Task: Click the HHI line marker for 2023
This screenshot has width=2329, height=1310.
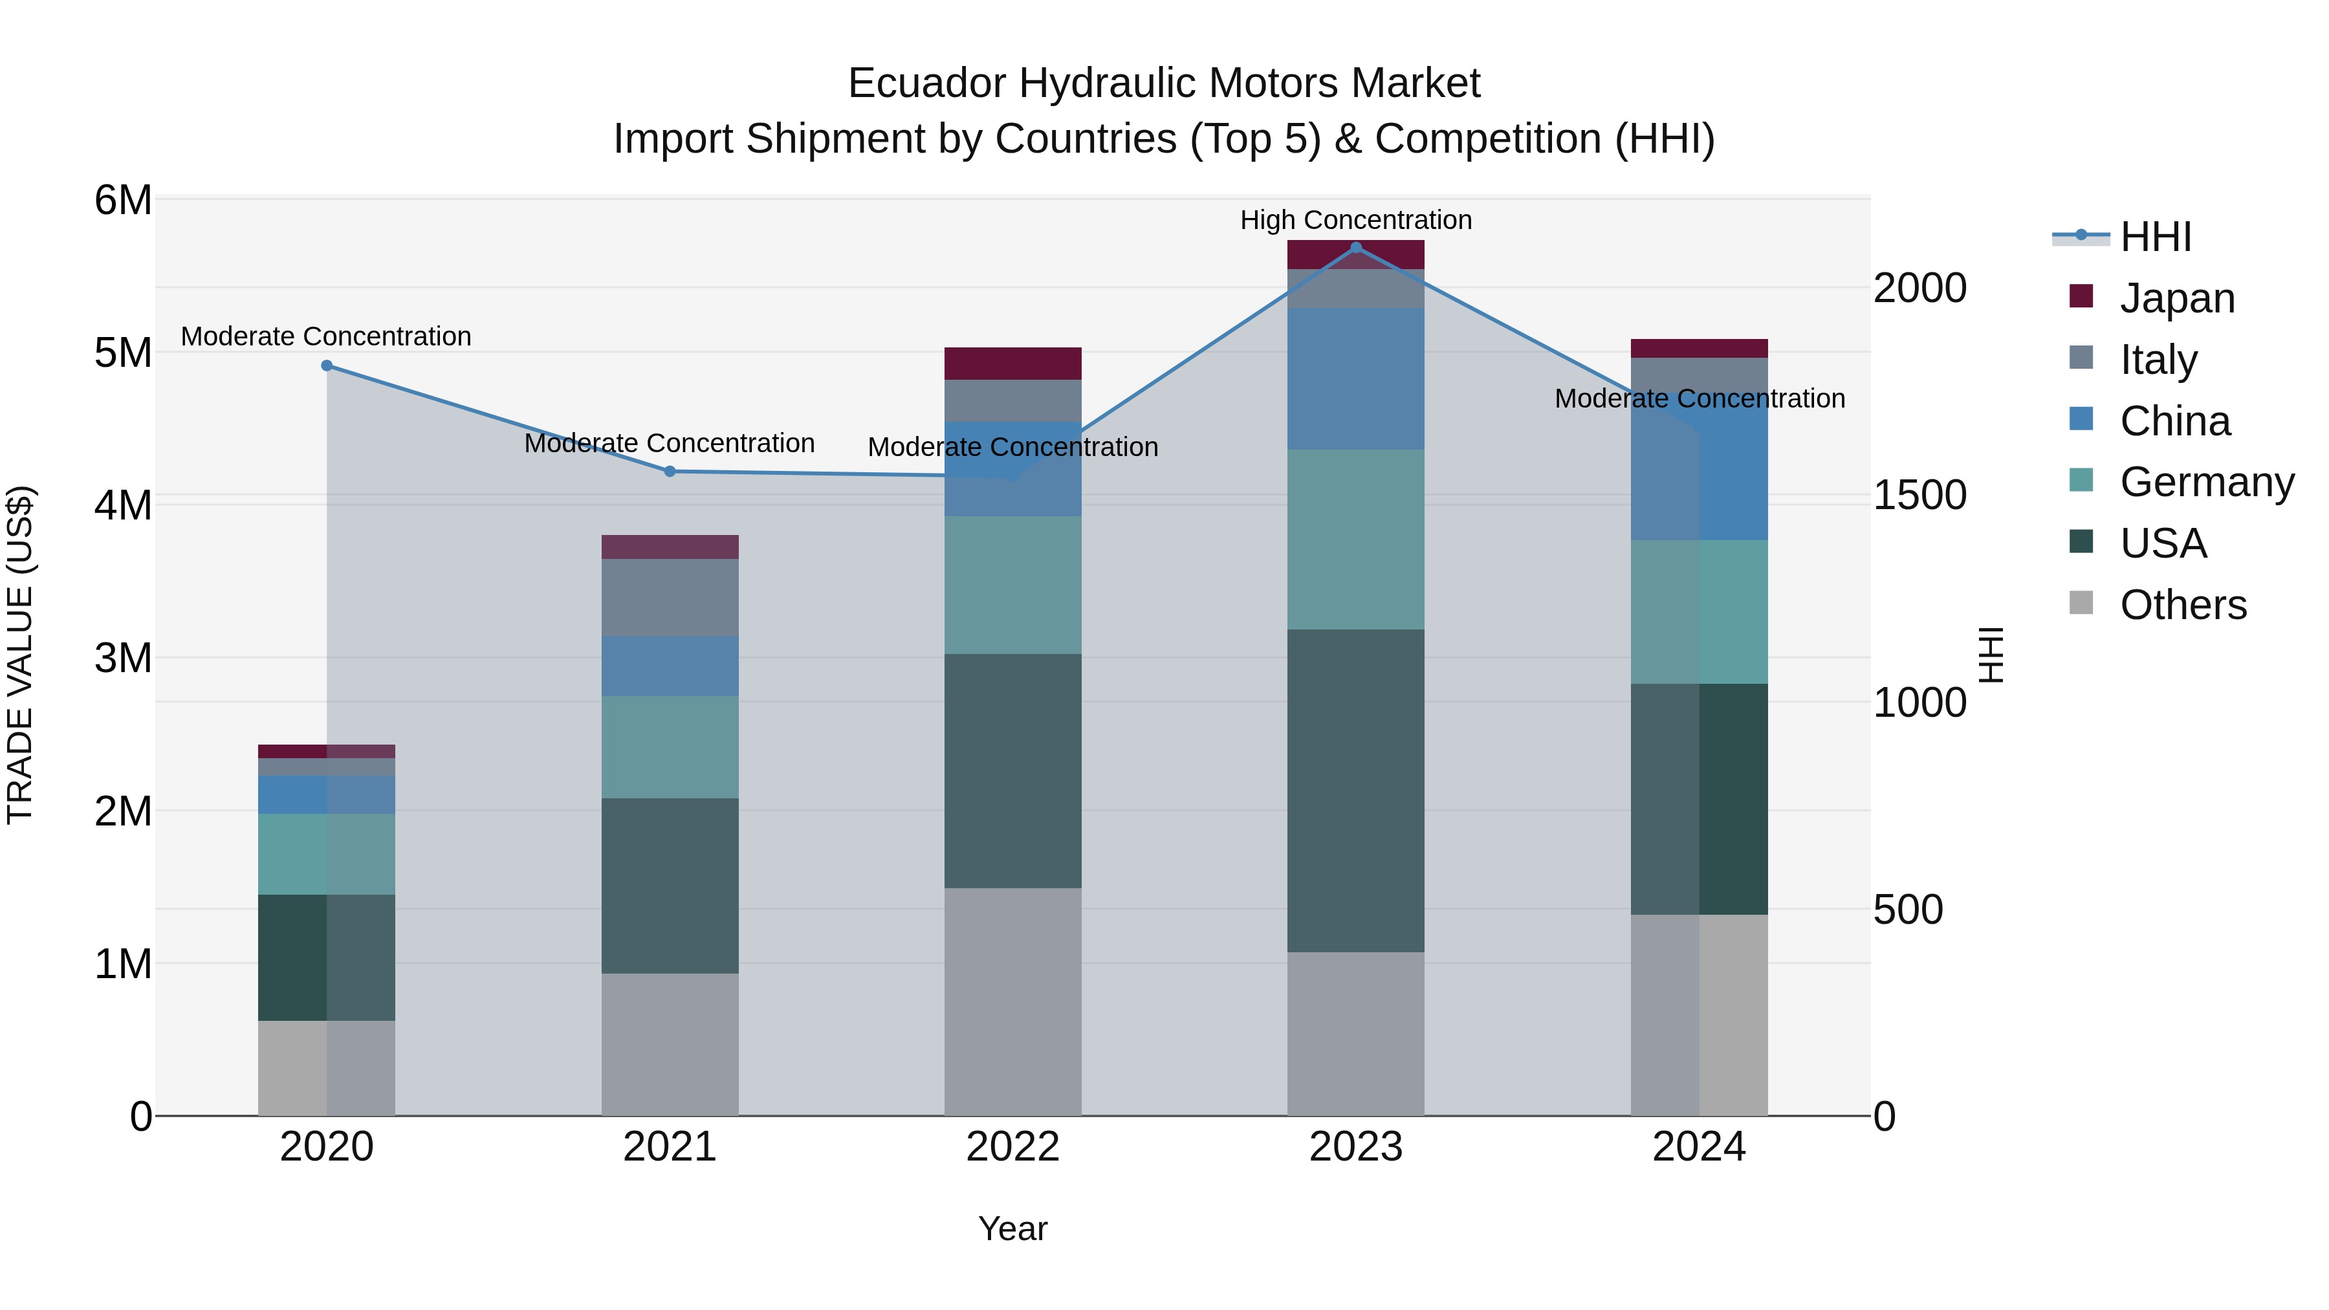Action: (1355, 248)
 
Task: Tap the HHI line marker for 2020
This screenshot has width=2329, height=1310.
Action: (327, 366)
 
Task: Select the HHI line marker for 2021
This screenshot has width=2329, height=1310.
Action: (670, 471)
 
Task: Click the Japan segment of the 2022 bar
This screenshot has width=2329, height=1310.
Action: (1012, 364)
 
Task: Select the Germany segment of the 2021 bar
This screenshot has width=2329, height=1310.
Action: (670, 747)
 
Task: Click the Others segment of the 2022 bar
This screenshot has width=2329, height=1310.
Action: (1012, 1001)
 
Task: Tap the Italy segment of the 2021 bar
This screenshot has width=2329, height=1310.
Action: (670, 598)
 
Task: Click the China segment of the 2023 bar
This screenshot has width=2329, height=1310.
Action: (1355, 379)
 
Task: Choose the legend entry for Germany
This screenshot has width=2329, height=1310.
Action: (2206, 482)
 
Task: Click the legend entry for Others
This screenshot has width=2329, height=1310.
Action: (2183, 605)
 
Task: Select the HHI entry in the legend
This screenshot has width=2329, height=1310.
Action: (2156, 237)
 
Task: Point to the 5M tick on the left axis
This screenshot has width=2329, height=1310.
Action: (123, 353)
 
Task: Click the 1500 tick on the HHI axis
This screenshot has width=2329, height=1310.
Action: (1919, 496)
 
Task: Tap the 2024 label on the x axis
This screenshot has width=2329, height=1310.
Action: (1699, 1147)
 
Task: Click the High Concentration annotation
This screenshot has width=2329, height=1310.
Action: (1355, 220)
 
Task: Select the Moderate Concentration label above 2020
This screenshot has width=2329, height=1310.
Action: (327, 336)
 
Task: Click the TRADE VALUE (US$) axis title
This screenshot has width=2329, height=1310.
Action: (20, 655)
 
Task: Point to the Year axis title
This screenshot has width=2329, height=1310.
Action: (1012, 1228)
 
